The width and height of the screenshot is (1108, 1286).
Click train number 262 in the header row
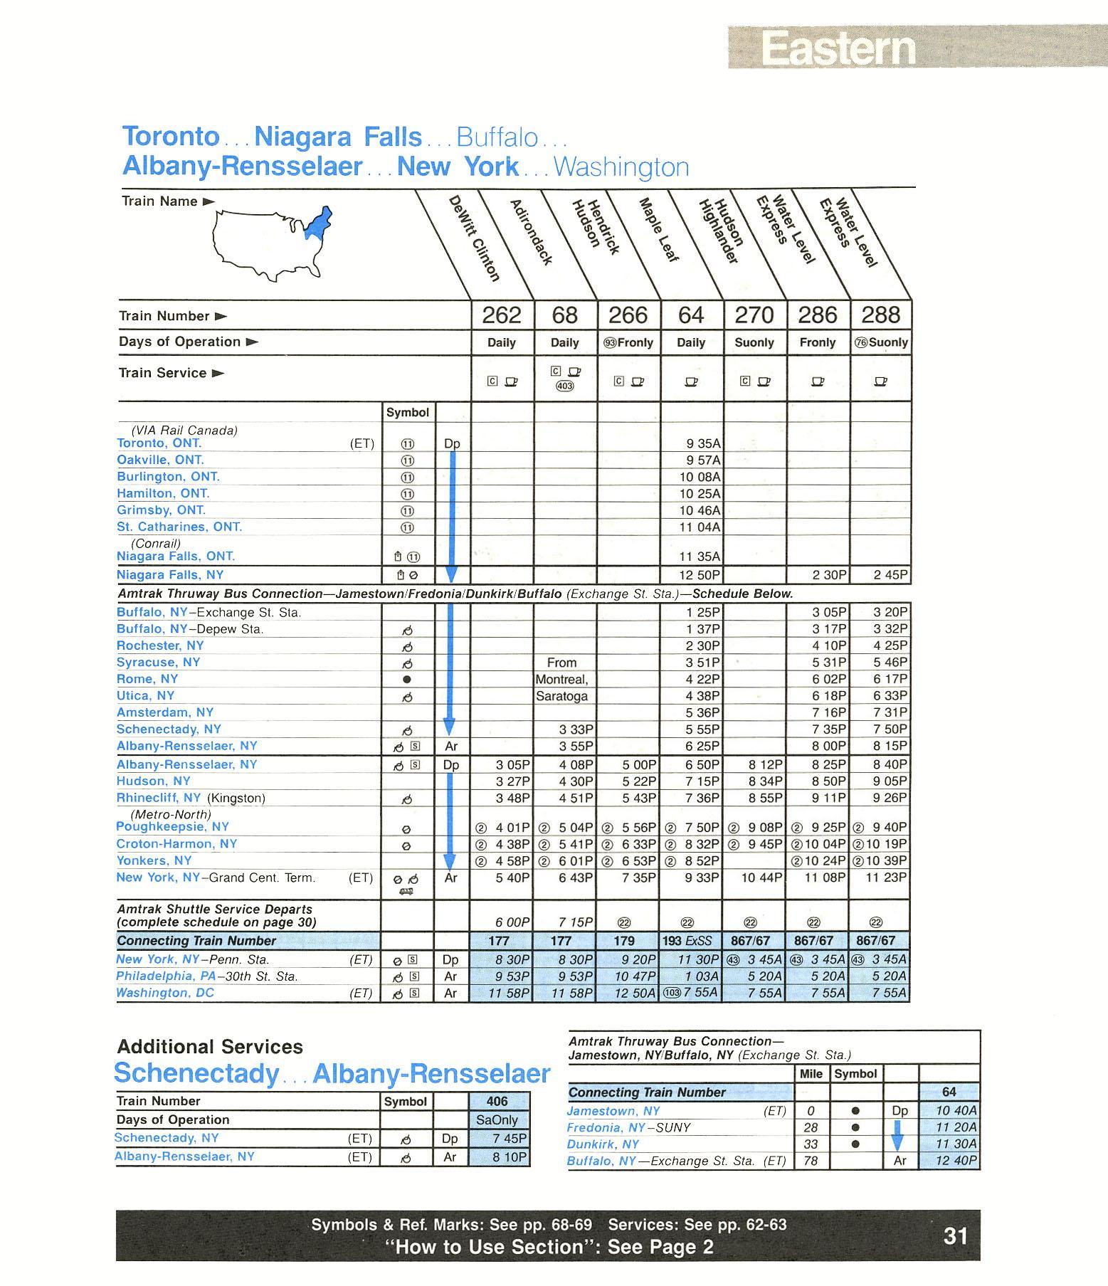click(x=502, y=315)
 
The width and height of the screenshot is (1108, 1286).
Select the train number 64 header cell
click(x=691, y=315)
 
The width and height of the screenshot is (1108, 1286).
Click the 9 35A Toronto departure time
click(x=703, y=443)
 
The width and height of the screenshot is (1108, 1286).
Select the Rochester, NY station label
click(x=160, y=645)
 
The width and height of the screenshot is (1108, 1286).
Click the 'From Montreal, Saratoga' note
click(x=562, y=679)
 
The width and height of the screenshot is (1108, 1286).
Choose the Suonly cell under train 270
click(x=754, y=342)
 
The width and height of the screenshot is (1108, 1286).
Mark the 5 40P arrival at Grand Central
click(x=512, y=877)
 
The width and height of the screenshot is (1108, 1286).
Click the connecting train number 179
click(x=628, y=941)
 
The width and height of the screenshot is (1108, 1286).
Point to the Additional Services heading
click(x=209, y=1046)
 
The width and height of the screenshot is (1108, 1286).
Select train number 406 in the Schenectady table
click(x=497, y=1101)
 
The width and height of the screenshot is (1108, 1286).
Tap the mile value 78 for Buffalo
click(x=811, y=1161)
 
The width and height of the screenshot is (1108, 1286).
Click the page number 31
click(x=955, y=1236)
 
